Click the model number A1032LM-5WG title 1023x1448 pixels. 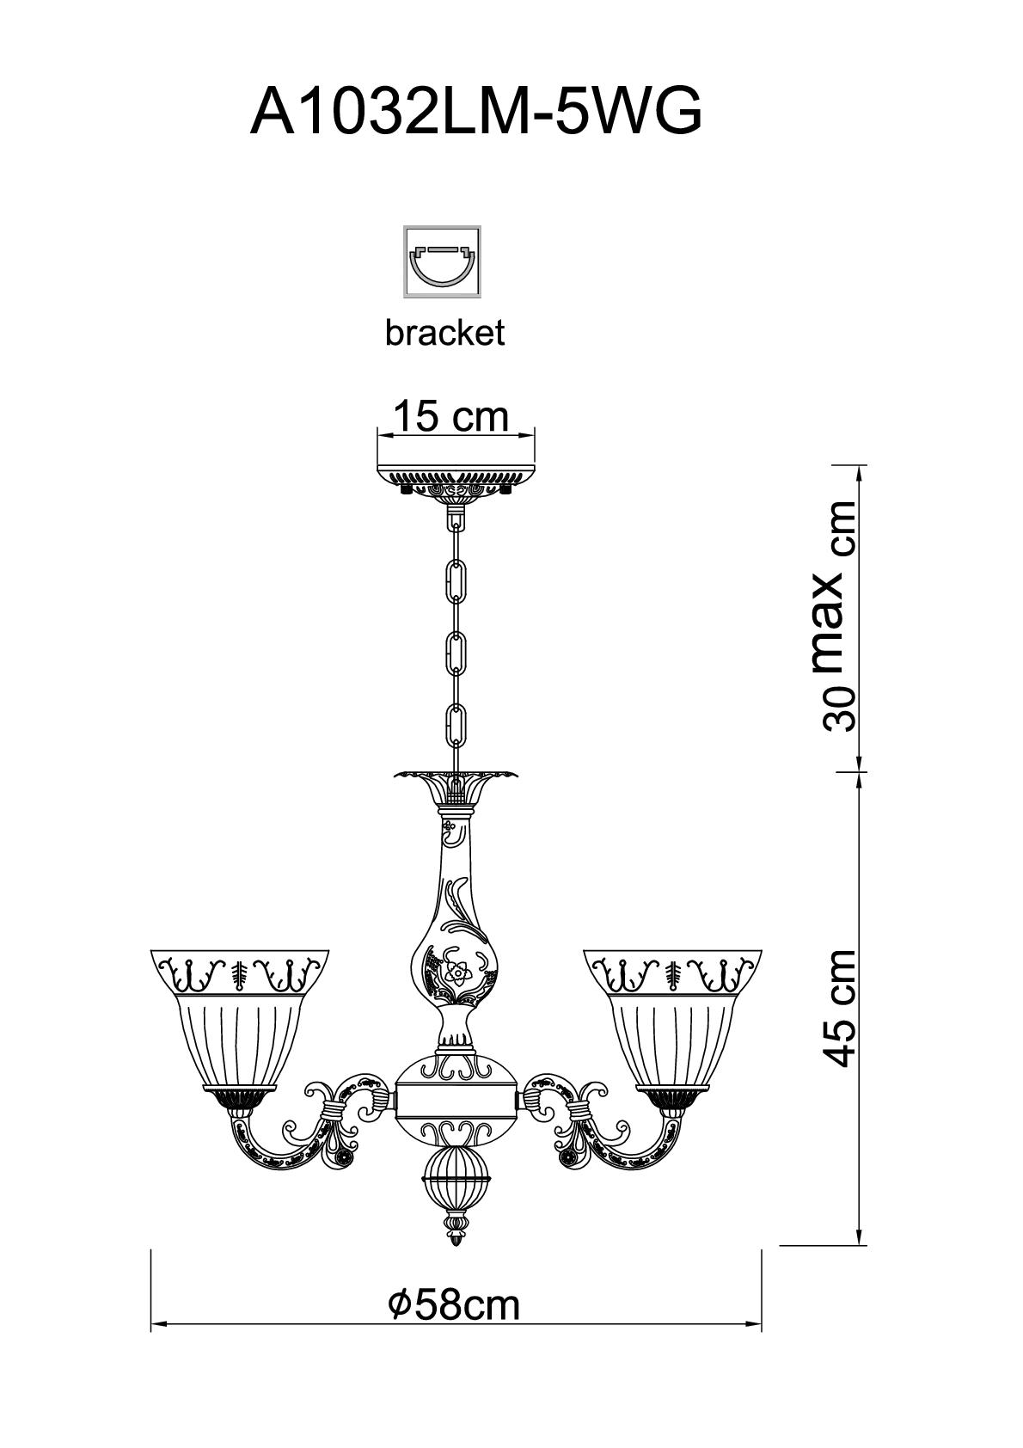point(475,111)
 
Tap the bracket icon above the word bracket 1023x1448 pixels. point(443,261)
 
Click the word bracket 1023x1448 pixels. point(444,333)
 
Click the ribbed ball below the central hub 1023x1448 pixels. point(456,1176)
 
